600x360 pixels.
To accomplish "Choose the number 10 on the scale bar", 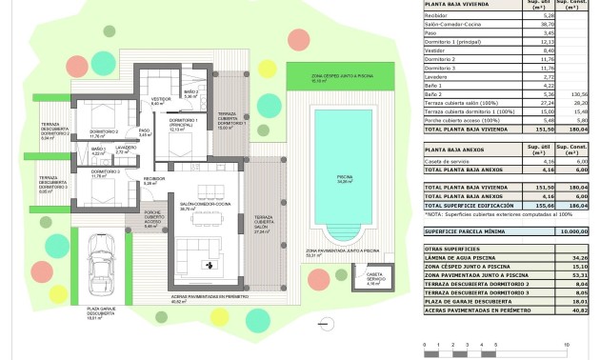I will [x=567, y=345].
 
